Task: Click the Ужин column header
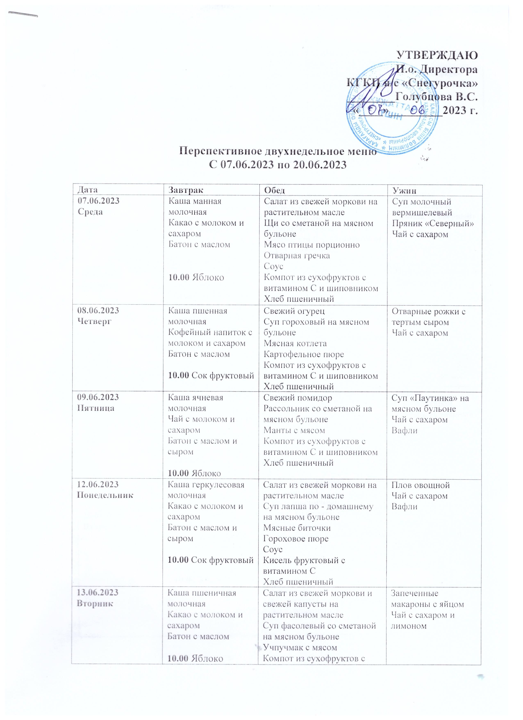404,191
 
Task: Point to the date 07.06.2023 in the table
99,201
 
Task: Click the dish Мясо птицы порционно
312,245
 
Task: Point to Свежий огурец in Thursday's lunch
294,311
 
